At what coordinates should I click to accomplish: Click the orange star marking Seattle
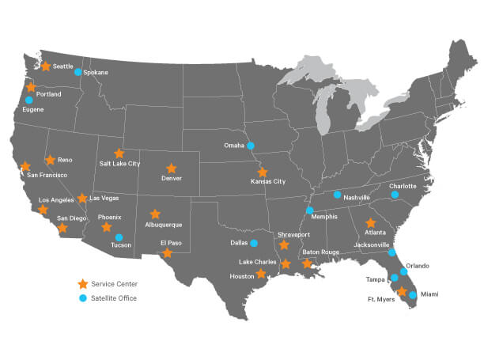pyautogui.click(x=45, y=66)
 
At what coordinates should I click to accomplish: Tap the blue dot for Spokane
pyautogui.click(x=78, y=72)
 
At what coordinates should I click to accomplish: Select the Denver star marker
pyautogui.click(x=171, y=168)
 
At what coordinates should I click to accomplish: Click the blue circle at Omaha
pyautogui.click(x=250, y=146)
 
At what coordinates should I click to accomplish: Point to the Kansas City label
pyautogui.click(x=268, y=182)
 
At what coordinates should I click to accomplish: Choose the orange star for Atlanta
pyautogui.click(x=370, y=223)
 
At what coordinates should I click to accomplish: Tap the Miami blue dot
pyautogui.click(x=413, y=294)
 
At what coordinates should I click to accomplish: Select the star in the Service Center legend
pyautogui.click(x=82, y=283)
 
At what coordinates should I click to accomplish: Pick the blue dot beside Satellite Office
pyautogui.click(x=82, y=297)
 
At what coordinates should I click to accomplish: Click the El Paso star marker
pyautogui.click(x=166, y=254)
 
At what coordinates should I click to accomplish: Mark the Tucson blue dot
pyautogui.click(x=119, y=237)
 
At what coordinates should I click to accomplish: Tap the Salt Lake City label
pyautogui.click(x=119, y=164)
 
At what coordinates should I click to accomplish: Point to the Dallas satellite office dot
pyautogui.click(x=254, y=243)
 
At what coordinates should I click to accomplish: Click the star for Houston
pyautogui.click(x=261, y=274)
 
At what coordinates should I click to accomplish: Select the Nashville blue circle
pyautogui.click(x=337, y=195)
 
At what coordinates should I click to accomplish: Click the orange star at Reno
pyautogui.click(x=50, y=160)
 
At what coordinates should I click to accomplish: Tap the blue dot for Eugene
pyautogui.click(x=29, y=100)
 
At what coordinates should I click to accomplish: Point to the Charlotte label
pyautogui.click(x=403, y=186)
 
